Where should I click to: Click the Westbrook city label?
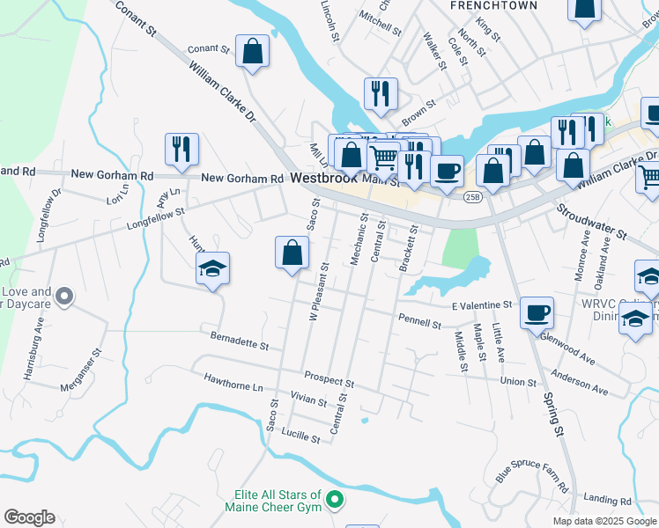click(322, 178)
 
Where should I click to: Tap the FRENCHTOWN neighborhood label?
click(481, 5)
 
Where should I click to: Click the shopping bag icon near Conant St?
click(253, 52)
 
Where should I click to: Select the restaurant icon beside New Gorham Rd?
click(181, 150)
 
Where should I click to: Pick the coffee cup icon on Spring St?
click(536, 312)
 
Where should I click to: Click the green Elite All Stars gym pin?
click(334, 500)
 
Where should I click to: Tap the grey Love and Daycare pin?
click(63, 297)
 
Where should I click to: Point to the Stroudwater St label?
click(590, 223)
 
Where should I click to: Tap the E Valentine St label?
click(481, 305)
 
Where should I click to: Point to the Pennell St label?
click(419, 323)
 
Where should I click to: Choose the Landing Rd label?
click(613, 499)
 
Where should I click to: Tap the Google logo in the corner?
click(29, 517)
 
